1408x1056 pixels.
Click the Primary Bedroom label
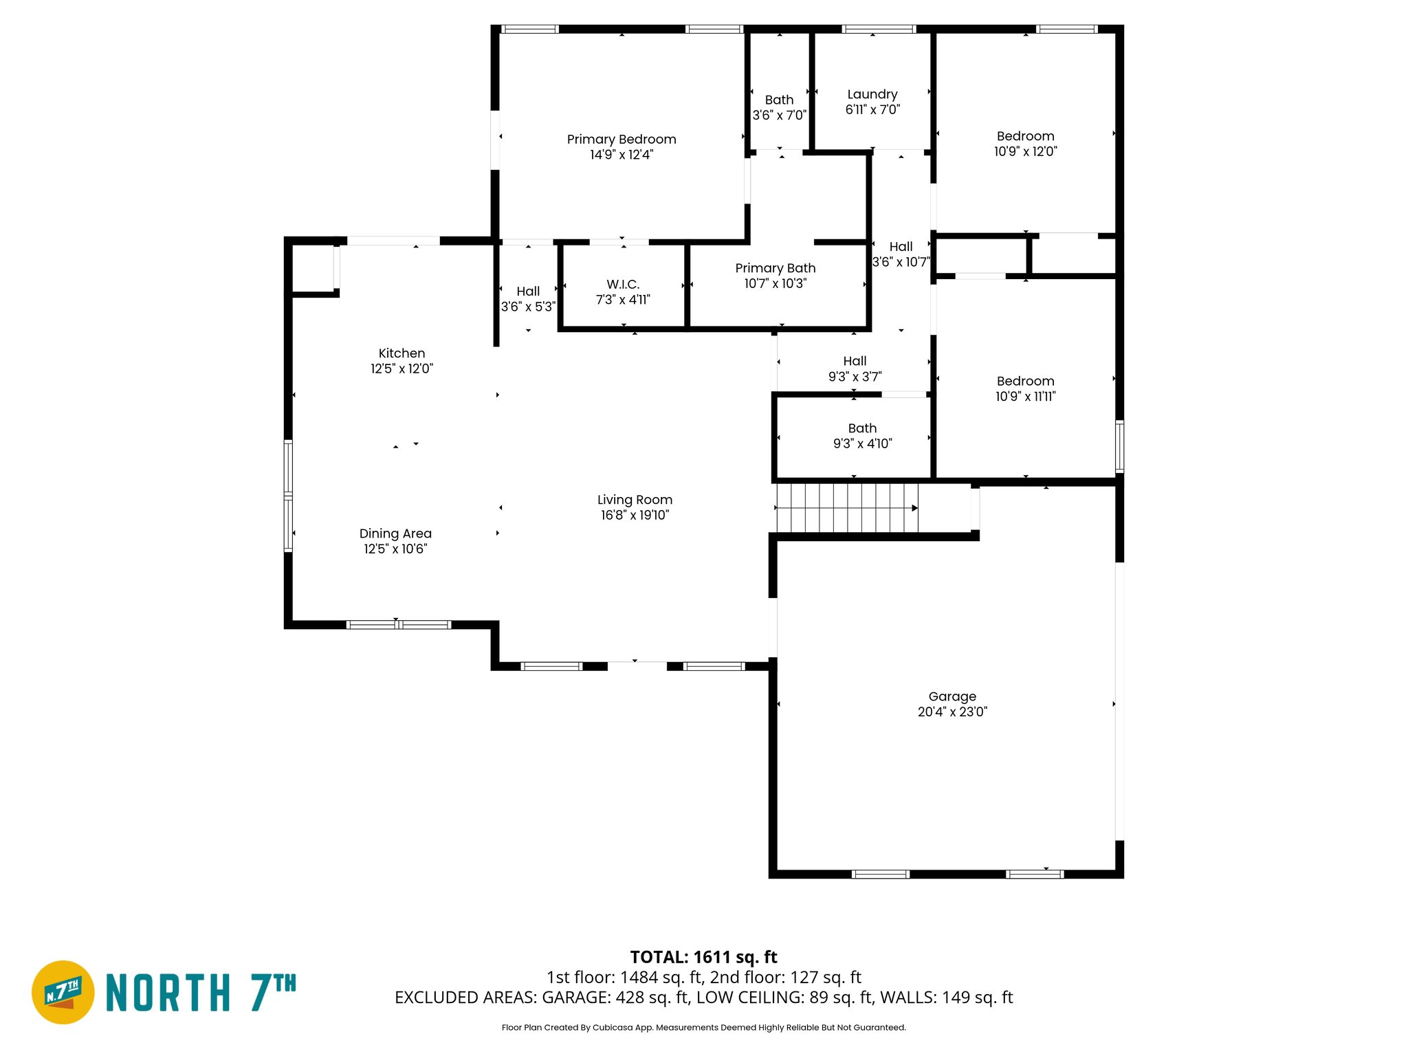pos(621,140)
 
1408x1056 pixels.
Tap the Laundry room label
pos(872,94)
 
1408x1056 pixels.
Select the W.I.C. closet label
pos(623,285)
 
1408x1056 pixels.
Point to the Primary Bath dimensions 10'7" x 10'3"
pos(775,283)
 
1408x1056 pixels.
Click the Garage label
pos(952,696)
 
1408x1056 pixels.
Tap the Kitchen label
pos(401,353)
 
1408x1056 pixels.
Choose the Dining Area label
pos(395,533)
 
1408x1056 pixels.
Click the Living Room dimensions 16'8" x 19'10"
pos(635,515)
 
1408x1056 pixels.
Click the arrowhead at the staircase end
pos(914,508)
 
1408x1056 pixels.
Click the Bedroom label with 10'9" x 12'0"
pos(1025,136)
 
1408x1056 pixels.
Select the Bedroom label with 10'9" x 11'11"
pos(1025,381)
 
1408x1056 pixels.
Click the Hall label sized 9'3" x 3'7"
pos(855,362)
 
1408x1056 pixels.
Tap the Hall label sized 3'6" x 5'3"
pos(528,291)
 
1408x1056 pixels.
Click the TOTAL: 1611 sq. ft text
pos(703,957)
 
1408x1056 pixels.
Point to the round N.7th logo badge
pos(63,992)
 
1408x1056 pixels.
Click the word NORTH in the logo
pos(168,993)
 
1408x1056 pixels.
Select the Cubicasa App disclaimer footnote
pos(703,1028)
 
